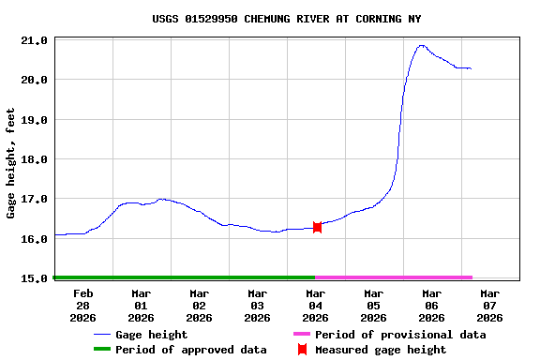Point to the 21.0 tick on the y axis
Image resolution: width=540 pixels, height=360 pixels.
coord(35,41)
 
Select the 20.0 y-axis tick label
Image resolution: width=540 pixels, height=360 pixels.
coord(35,81)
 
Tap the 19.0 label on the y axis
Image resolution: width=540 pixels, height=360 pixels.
coord(35,121)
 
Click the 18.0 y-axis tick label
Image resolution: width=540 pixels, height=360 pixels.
coord(35,160)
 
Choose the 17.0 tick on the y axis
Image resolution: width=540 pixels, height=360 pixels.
coord(35,200)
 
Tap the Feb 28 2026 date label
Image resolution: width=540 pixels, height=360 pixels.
coord(83,305)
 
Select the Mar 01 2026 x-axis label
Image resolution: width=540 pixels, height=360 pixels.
coord(141,305)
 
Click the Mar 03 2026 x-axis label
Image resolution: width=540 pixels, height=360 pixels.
coord(257,305)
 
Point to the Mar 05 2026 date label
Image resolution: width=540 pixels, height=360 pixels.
coord(373,305)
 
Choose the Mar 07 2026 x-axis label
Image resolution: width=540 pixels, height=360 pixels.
coord(489,305)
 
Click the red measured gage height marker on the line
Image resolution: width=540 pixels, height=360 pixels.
coord(317,227)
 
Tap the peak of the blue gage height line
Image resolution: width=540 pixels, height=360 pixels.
coord(421,45)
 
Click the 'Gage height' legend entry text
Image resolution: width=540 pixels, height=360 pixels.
coord(152,335)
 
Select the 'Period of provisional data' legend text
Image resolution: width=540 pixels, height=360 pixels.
coord(400,335)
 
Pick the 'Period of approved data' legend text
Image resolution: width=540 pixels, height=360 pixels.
coord(190,350)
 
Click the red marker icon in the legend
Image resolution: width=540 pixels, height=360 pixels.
coord(302,350)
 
